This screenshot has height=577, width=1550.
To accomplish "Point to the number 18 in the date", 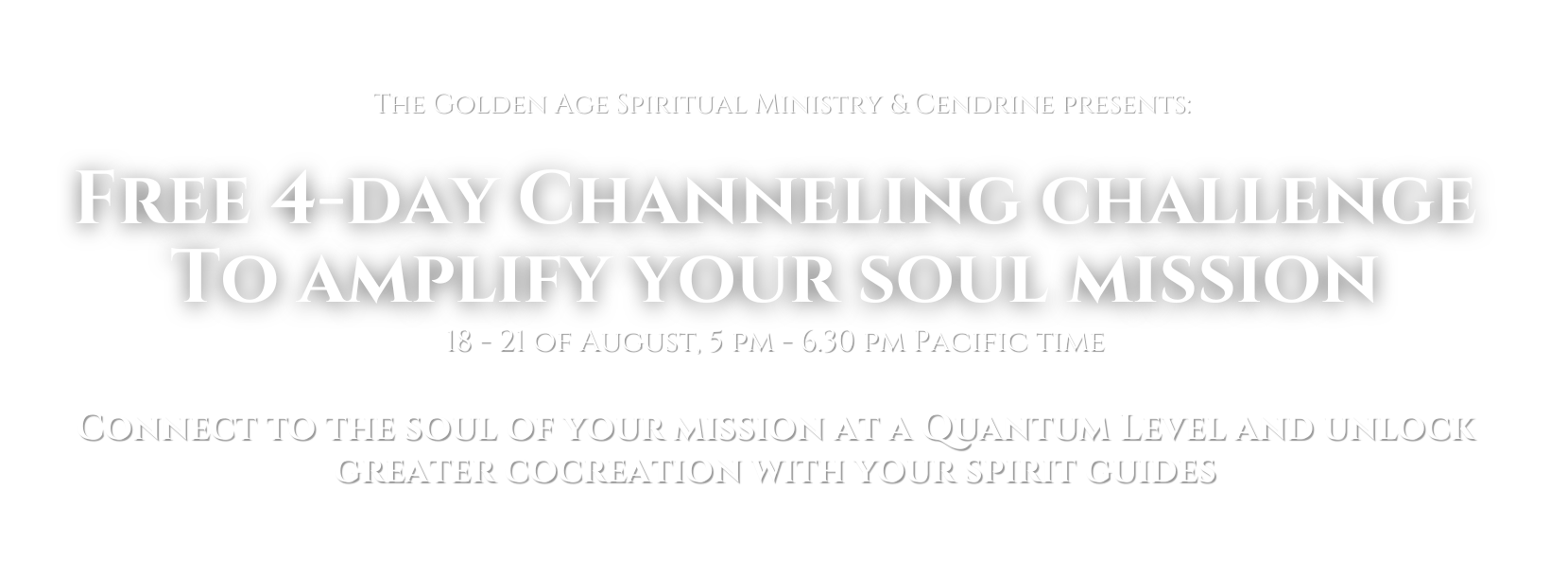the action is tap(459, 342).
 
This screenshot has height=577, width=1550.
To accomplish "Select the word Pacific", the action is tap(968, 342).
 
